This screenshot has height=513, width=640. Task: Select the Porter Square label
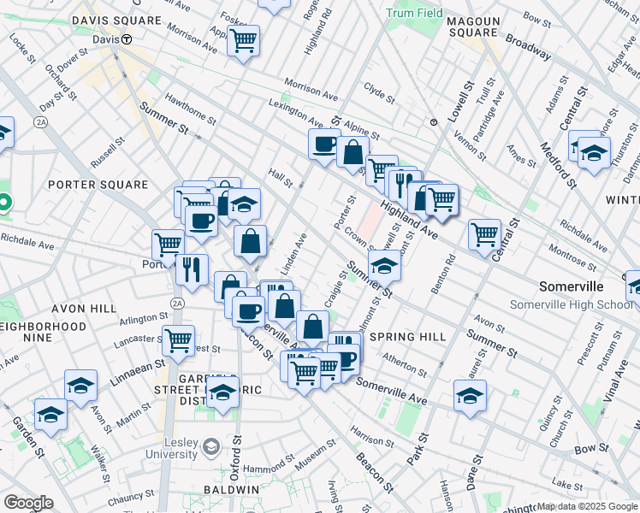pyautogui.click(x=98, y=185)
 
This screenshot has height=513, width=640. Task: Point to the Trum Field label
pyautogui.click(x=414, y=14)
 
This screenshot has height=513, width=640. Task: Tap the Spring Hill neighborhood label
pyautogui.click(x=408, y=337)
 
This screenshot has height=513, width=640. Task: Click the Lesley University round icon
pyautogui.click(x=210, y=446)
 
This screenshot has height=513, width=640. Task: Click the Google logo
pyautogui.click(x=28, y=503)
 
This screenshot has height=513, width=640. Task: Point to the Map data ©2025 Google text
pyautogui.click(x=587, y=506)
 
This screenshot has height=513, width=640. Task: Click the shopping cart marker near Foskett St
pyautogui.click(x=243, y=39)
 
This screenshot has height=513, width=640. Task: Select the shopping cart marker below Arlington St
pyautogui.click(x=178, y=340)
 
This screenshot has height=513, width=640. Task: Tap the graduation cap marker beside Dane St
pyautogui.click(x=470, y=396)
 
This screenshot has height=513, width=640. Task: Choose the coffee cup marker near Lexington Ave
pyautogui.click(x=324, y=144)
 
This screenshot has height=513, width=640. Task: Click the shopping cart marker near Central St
pyautogui.click(x=484, y=233)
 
